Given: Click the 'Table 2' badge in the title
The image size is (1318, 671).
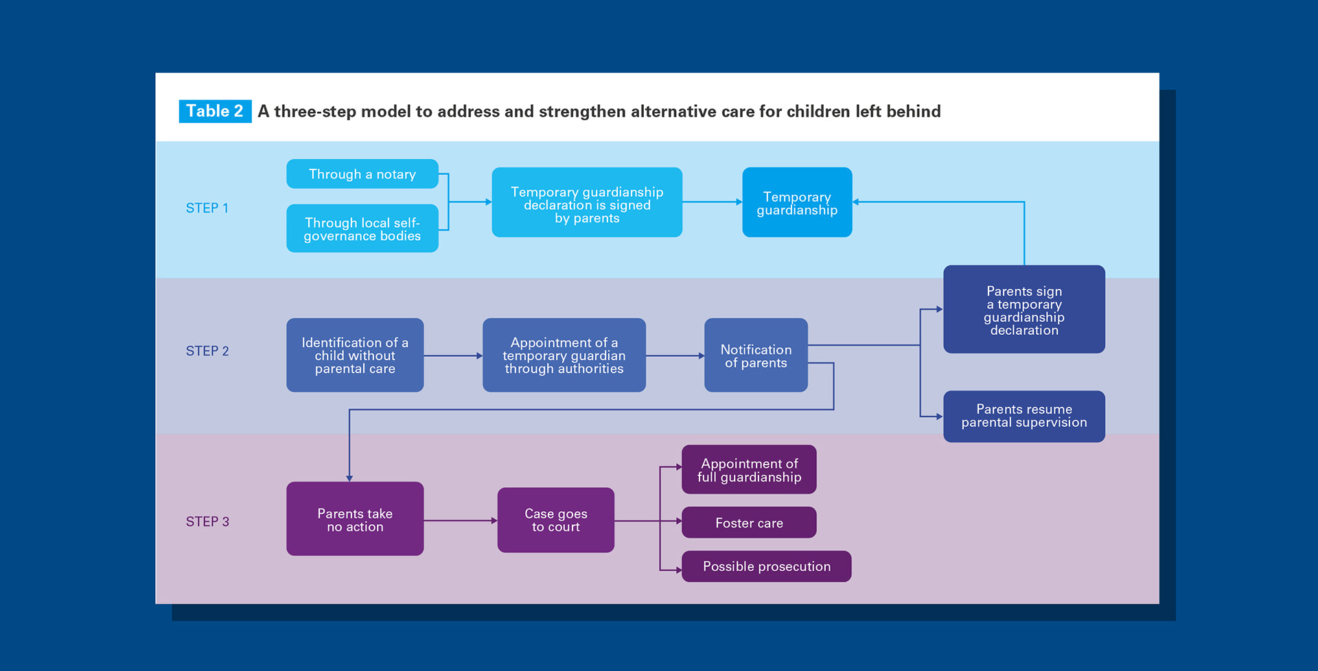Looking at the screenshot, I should (x=214, y=111).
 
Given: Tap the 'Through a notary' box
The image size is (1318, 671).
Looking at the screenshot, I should (x=362, y=174).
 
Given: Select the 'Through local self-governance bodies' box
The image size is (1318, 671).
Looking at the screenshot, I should (x=362, y=228).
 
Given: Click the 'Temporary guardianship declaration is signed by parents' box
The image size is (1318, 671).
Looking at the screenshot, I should (x=587, y=203).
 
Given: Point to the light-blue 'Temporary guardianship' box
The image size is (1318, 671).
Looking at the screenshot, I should (x=797, y=203).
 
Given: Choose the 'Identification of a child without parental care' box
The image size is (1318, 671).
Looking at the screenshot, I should (x=355, y=355).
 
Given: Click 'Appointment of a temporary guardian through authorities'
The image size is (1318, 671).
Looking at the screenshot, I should (x=564, y=355).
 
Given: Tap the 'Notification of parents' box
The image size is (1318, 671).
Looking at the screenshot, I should (x=756, y=355).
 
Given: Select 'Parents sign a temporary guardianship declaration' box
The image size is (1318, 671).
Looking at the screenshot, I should (x=1024, y=310).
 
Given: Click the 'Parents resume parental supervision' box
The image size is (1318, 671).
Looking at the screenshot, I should (x=1024, y=416).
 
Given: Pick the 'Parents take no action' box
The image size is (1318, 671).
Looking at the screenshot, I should (x=355, y=519).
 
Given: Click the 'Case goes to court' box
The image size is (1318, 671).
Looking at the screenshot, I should (x=555, y=520).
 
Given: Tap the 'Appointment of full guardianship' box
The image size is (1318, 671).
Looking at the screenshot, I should (x=749, y=470).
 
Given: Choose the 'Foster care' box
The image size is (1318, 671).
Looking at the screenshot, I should (x=749, y=523).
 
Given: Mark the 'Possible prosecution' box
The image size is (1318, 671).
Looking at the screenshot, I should (x=766, y=567).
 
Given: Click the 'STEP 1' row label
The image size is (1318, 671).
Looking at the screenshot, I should (x=207, y=208).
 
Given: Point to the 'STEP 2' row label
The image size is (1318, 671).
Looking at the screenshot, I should (x=207, y=351).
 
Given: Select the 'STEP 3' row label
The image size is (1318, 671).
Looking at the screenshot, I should (x=207, y=521).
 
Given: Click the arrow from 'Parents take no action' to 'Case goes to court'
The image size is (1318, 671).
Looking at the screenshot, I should (x=460, y=521).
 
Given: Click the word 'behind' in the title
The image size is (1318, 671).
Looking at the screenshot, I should (x=913, y=111).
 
